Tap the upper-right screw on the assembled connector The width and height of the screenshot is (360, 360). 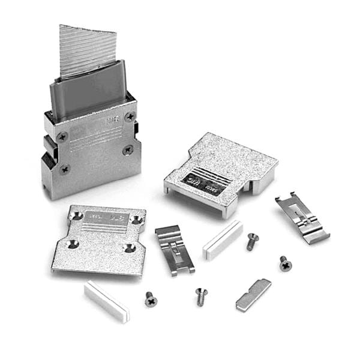[x=130, y=116]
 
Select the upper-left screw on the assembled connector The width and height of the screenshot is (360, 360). [x=62, y=137]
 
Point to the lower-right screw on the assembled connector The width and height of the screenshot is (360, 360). [x=127, y=149]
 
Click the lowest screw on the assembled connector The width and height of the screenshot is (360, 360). [x=65, y=169]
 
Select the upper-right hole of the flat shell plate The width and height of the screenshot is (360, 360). [x=137, y=221]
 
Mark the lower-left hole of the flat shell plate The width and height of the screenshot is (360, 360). [x=73, y=244]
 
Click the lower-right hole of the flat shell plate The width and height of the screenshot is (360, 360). [x=128, y=248]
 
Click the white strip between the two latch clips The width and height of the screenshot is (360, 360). [x=223, y=239]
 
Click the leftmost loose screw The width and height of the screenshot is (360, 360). [x=151, y=299]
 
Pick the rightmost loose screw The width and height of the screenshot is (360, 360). [x=285, y=263]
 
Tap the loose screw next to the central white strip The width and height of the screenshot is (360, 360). [x=252, y=241]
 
